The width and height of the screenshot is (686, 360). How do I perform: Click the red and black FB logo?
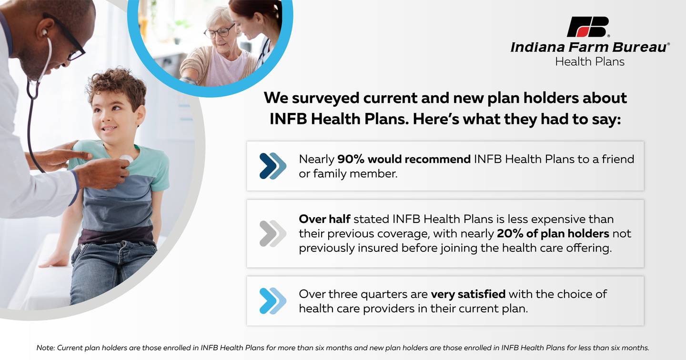click(x=587, y=27)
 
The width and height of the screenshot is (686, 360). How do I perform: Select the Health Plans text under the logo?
click(x=590, y=61)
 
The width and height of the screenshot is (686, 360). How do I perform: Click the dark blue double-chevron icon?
click(x=272, y=166)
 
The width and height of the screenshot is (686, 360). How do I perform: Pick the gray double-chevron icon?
click(x=272, y=233)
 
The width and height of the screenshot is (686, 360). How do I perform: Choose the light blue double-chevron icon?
click(x=272, y=301)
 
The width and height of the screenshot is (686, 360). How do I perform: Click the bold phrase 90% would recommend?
click(x=404, y=159)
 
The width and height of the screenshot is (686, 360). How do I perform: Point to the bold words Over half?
click(x=324, y=219)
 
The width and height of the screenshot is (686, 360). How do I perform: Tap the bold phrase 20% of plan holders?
click(x=553, y=233)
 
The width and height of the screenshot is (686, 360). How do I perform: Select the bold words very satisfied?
click(x=468, y=294)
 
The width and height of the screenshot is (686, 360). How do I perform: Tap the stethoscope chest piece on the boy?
click(x=126, y=159)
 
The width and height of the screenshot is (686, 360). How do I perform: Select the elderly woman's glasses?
click(x=219, y=32)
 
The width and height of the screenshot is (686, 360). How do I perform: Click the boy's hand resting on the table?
click(x=54, y=260)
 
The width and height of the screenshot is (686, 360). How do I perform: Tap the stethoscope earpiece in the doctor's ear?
click(x=45, y=32)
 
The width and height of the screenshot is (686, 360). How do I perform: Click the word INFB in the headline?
click(x=288, y=119)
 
